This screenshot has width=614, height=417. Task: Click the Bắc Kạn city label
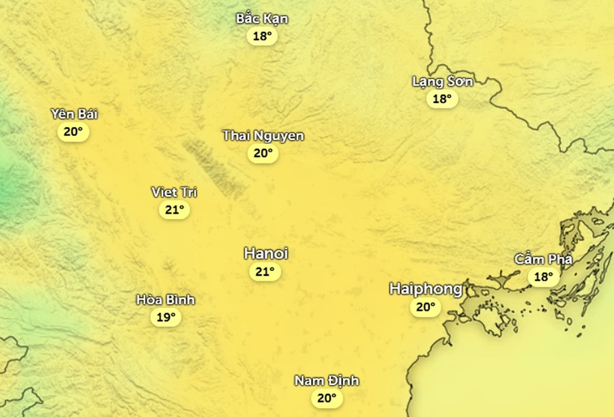pos(262,18)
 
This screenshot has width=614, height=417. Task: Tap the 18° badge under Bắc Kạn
pos(262,36)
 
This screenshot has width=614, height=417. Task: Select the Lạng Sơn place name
pos(442,81)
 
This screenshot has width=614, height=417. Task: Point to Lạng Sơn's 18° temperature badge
pos(442,99)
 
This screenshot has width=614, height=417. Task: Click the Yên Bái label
pos(74,114)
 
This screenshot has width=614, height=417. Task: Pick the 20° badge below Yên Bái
pos(74,132)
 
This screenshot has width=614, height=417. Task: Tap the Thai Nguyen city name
pos(263,136)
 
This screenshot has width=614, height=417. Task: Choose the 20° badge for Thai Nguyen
pos(263,154)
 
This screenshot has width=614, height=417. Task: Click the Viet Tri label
pos(174,192)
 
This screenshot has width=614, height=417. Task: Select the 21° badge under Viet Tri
pos(174,210)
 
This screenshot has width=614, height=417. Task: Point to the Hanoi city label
pos(266,253)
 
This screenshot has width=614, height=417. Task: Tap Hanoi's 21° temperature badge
pos(265,272)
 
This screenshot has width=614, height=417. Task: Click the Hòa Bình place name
pos(166,300)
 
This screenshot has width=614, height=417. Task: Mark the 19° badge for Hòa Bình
pos(166,317)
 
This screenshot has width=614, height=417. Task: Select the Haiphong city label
pos(426,289)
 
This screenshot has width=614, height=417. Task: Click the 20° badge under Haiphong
pos(425,307)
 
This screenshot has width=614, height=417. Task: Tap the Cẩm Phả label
pos(544,259)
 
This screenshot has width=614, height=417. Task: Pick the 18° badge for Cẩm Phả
pos(544,276)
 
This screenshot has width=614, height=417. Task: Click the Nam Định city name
pos(327,380)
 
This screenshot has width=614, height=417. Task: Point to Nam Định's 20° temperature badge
pos(327,398)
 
